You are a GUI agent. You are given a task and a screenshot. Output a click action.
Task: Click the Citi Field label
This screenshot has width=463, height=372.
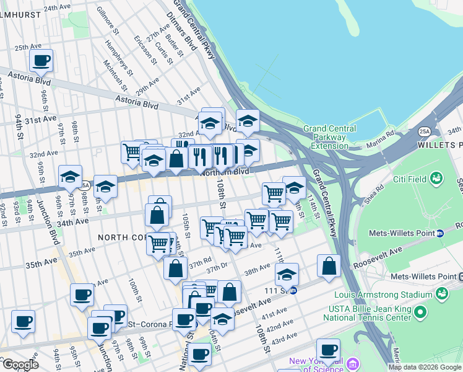tap(411, 180)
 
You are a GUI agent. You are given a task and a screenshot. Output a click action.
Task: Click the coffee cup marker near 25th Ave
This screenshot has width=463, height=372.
tap(41, 61)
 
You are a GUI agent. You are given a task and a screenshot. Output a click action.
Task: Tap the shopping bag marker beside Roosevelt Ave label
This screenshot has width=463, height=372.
tap(329, 265)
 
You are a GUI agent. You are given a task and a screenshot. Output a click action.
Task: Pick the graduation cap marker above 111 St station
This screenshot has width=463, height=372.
tap(287, 273)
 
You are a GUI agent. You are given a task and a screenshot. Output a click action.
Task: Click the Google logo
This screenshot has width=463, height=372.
tap(20, 365)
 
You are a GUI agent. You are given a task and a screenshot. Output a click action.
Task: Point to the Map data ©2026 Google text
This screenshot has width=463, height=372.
tap(425, 367)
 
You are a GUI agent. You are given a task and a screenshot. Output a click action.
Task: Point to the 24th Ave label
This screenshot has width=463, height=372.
tap(57, 8)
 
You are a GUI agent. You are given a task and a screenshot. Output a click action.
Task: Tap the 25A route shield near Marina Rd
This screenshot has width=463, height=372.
tap(424, 131)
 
